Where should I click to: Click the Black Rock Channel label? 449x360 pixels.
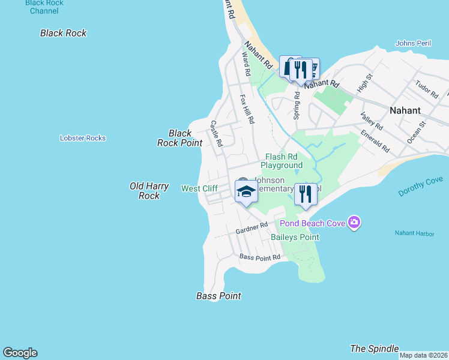click(x=45, y=7)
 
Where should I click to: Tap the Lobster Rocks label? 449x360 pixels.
click(x=83, y=138)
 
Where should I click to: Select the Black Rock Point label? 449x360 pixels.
click(x=179, y=138)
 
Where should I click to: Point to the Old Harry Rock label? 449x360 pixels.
click(x=149, y=191)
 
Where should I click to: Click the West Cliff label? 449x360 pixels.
click(x=199, y=188)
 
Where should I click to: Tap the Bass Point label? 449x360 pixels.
click(x=218, y=296)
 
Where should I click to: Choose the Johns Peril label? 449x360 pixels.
click(x=414, y=43)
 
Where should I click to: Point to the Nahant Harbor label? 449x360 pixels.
click(x=414, y=233)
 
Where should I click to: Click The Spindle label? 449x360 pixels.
click(x=374, y=349)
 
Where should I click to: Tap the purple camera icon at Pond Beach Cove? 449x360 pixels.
click(x=354, y=223)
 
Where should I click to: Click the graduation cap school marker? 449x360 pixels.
click(x=246, y=191)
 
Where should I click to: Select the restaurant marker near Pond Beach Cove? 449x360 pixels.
click(x=306, y=194)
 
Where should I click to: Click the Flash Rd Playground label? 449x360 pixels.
click(x=282, y=161)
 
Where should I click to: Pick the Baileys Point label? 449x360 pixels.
click(x=295, y=237)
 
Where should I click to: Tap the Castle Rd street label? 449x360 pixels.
click(x=217, y=133)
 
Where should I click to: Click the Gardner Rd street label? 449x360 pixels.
click(x=252, y=227)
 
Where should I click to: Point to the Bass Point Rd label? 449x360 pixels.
click(x=260, y=257)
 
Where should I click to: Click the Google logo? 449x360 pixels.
click(x=20, y=353)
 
